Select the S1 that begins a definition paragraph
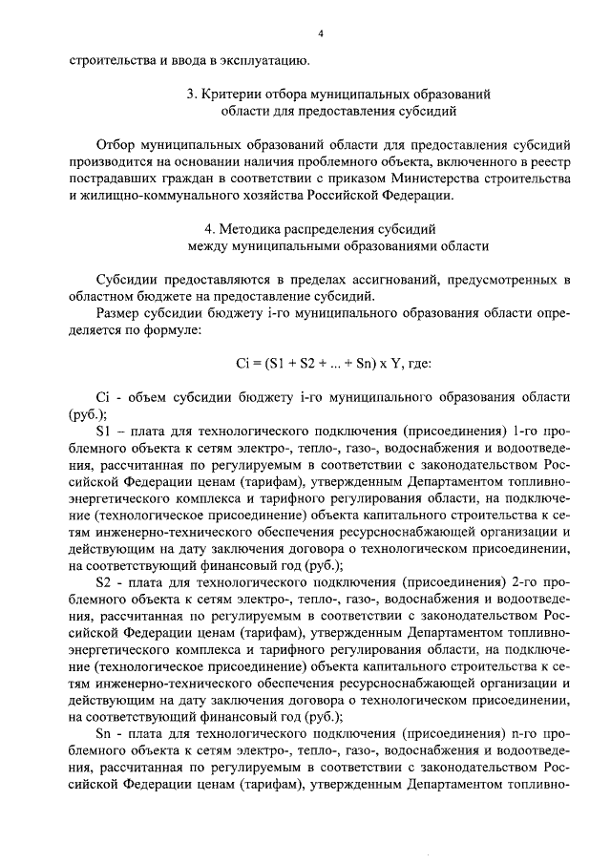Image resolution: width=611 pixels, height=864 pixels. click(x=104, y=431)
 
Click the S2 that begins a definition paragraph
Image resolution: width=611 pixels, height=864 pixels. click(x=104, y=581)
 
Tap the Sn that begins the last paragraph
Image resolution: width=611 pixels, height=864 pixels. click(x=104, y=733)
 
